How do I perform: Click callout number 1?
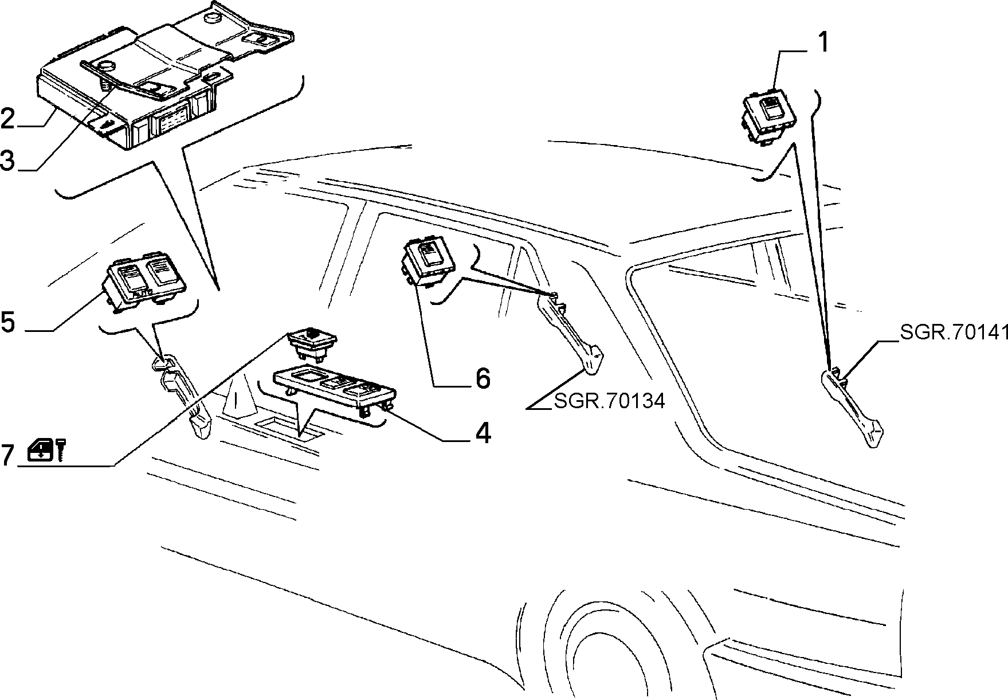(822, 42)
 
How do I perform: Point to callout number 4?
(483, 433)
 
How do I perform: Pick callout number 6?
(483, 378)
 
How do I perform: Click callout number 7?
(7, 455)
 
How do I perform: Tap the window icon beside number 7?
(41, 449)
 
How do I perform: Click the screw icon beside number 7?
(61, 449)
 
